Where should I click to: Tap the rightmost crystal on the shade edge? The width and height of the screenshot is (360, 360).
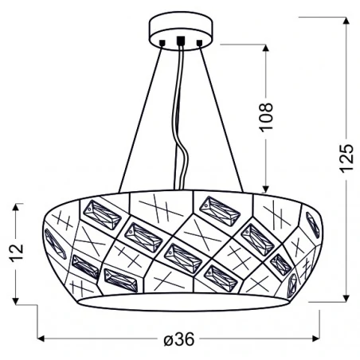(x=313, y=225)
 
